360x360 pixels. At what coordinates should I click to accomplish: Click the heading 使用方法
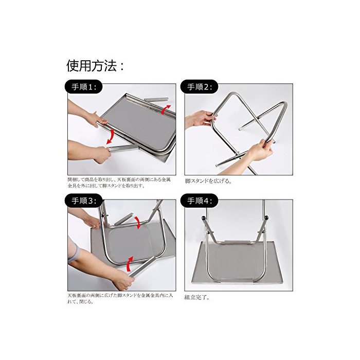95,66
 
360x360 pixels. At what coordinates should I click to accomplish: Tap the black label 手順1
84,86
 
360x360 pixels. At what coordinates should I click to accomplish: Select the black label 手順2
199,86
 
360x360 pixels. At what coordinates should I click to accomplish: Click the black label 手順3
84,201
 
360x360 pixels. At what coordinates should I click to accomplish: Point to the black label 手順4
199,201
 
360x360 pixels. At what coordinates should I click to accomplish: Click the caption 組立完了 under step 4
197,297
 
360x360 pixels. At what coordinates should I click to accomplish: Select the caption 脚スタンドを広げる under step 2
208,181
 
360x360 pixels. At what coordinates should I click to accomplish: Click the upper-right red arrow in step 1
166,109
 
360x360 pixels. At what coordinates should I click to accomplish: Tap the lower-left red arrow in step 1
110,137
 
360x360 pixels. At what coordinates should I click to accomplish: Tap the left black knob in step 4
203,218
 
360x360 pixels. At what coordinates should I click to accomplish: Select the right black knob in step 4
266,217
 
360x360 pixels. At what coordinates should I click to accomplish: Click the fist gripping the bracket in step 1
101,155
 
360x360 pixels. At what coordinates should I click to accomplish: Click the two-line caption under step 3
120,298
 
